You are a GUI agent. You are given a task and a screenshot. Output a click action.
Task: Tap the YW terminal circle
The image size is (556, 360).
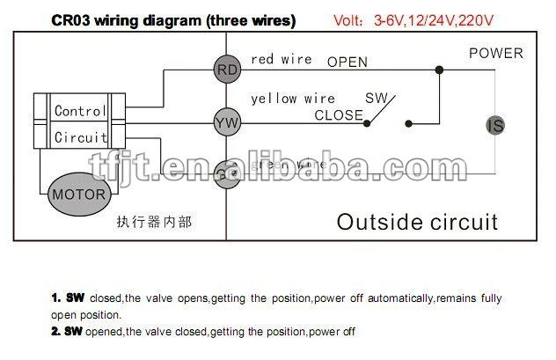(228, 122)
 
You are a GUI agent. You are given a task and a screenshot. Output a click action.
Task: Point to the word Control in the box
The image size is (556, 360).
(80, 111)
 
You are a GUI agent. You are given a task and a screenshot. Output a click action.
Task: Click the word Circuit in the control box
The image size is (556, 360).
(80, 137)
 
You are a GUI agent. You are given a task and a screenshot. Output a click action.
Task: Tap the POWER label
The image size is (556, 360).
(494, 54)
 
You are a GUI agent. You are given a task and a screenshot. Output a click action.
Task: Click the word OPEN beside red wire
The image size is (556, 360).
(347, 62)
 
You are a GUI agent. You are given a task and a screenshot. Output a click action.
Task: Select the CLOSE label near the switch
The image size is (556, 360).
(339, 114)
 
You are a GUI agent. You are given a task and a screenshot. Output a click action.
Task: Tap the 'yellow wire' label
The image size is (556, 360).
(294, 99)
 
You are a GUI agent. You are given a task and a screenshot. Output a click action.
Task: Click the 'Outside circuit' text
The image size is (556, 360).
(417, 220)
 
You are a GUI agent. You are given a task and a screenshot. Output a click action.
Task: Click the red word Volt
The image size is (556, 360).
(355, 18)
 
